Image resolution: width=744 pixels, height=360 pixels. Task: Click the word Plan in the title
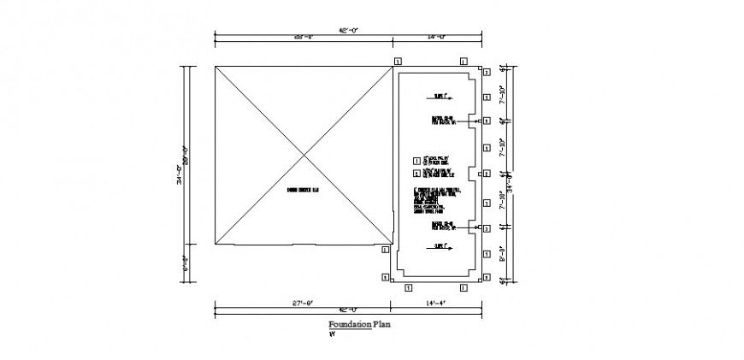point(382,325)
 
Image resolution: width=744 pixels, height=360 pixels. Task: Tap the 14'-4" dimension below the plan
point(436,303)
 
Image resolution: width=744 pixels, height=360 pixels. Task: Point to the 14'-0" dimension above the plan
point(437,36)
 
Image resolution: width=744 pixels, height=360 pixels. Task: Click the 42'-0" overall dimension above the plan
point(347,30)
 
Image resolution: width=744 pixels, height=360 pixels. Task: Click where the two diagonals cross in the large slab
point(304,156)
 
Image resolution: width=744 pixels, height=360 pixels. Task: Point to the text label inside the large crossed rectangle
point(302,190)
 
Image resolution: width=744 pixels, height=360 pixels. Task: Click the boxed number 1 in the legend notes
point(416,159)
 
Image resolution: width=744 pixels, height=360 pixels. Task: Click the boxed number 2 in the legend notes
point(416,172)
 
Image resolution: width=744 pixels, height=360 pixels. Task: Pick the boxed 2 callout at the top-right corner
point(486,74)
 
